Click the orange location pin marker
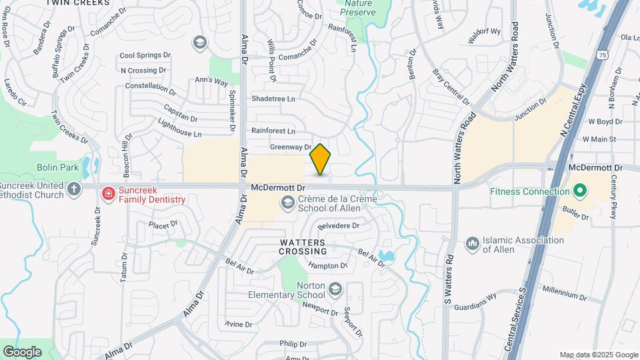coord(321,159)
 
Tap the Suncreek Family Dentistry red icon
coord(108,193)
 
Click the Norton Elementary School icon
coord(335,289)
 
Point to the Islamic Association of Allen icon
coord(472,245)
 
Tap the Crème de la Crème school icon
coord(288,204)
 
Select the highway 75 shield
coord(602,55)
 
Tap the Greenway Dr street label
coord(291,147)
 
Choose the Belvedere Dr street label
coord(339,226)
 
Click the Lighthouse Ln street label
coord(179,129)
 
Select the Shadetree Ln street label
coord(273,99)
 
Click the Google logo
coord(22,351)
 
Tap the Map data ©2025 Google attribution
coord(598,355)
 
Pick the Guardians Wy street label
coord(475,301)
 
